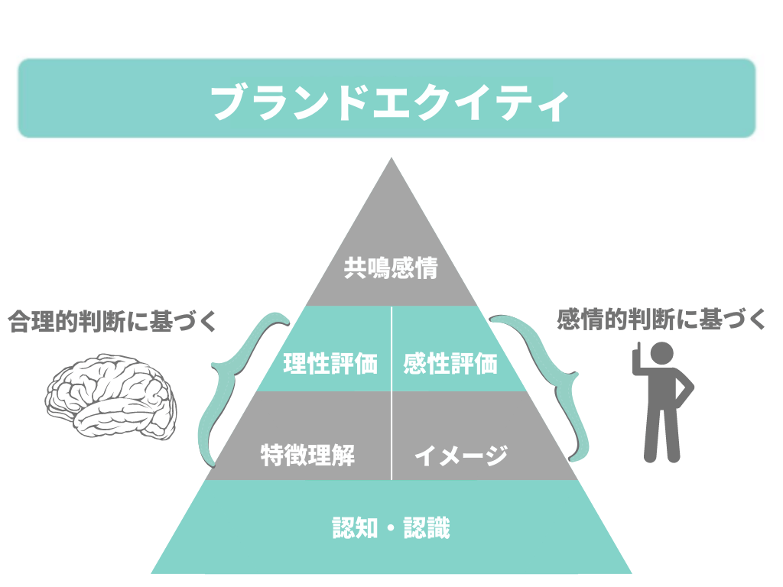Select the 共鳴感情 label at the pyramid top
391,269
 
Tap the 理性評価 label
330,363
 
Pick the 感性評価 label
450,363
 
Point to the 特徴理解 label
307,456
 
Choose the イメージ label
460,456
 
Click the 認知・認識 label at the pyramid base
391,527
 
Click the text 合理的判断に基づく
112,321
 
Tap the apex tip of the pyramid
391,161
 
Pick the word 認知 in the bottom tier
355,527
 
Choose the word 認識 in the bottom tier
427,527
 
